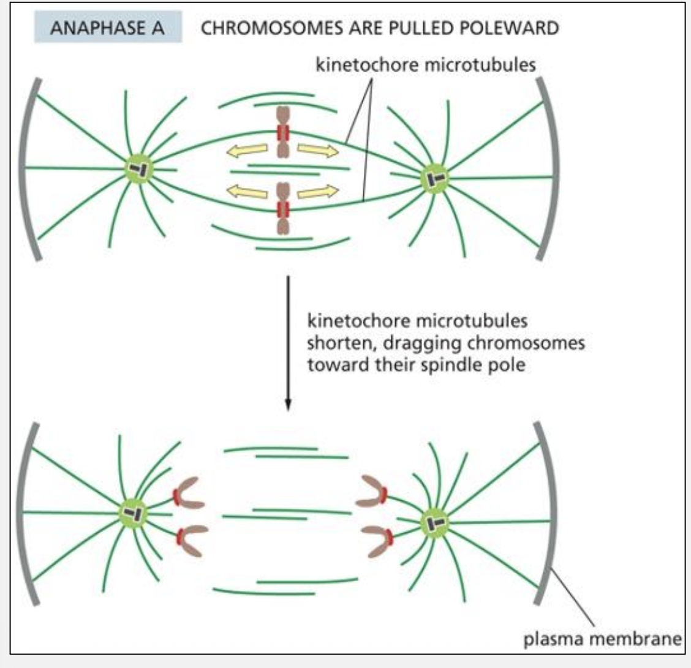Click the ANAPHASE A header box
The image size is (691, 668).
coord(108,29)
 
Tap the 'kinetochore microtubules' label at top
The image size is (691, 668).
coord(425,66)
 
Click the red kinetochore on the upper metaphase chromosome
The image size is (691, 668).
coord(282,133)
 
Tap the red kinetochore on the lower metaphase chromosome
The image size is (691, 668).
coord(282,209)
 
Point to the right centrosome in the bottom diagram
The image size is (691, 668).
coord(434,522)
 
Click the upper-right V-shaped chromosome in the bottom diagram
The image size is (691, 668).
coord(375,492)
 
